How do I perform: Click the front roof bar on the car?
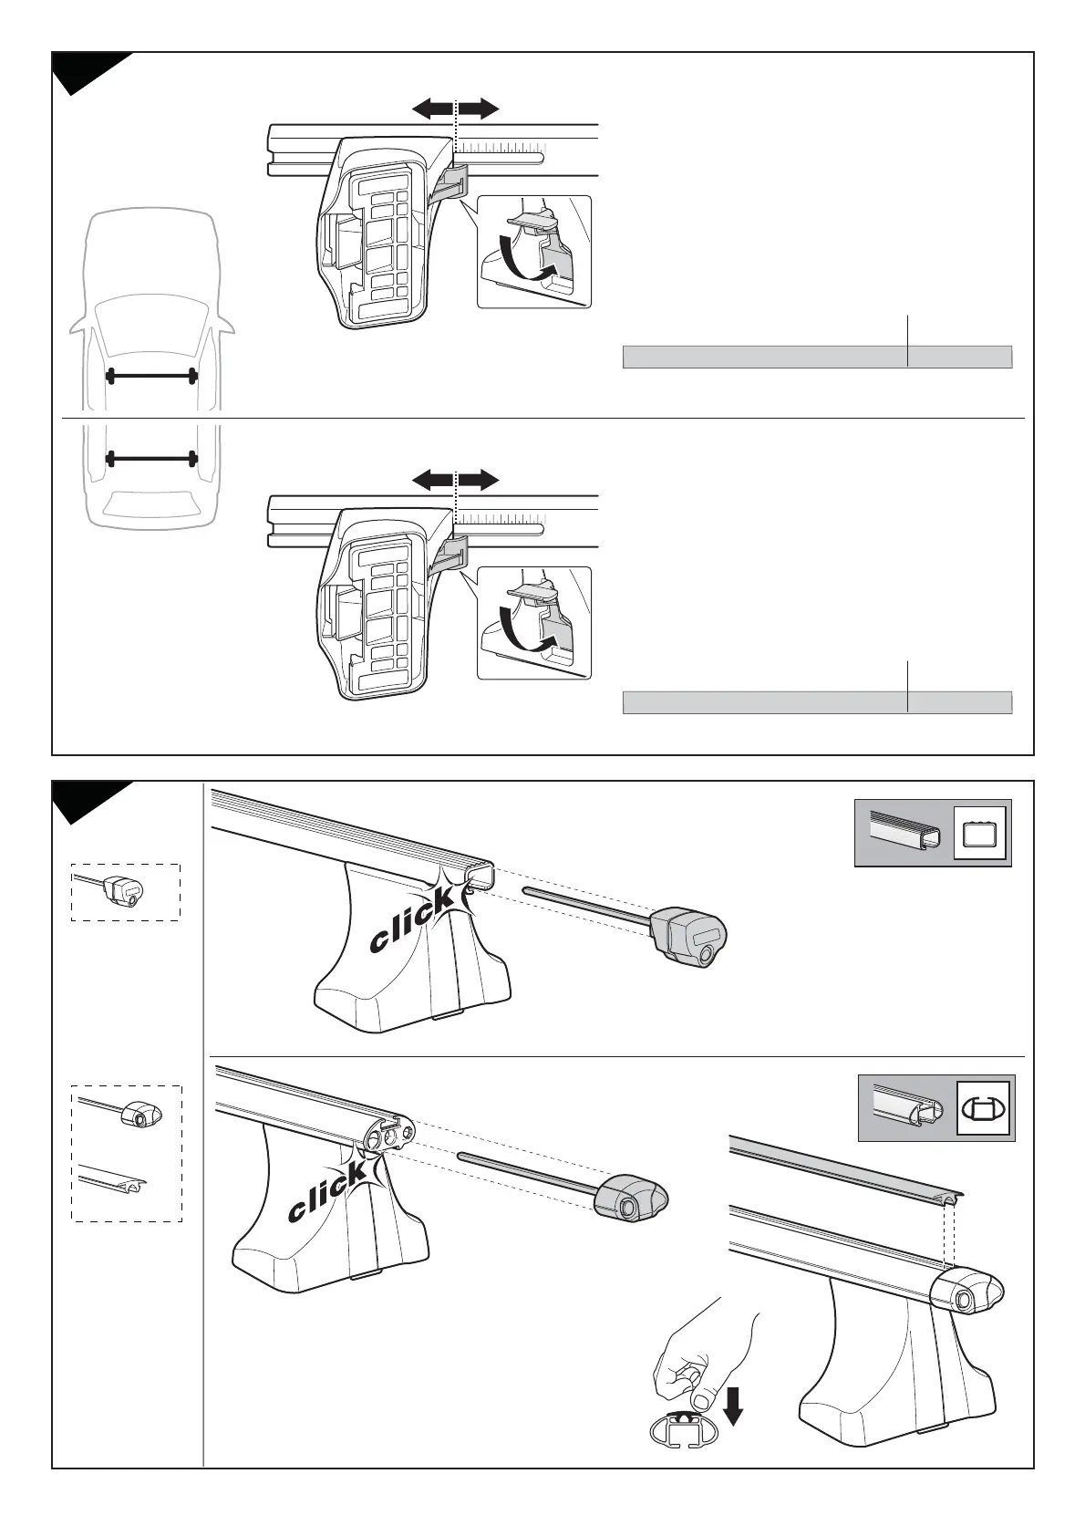(152, 376)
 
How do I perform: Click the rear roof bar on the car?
(152, 458)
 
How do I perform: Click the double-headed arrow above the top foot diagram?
(455, 109)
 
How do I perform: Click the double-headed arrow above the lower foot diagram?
(455, 480)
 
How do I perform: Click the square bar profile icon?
(979, 833)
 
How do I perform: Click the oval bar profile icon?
(984, 1108)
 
